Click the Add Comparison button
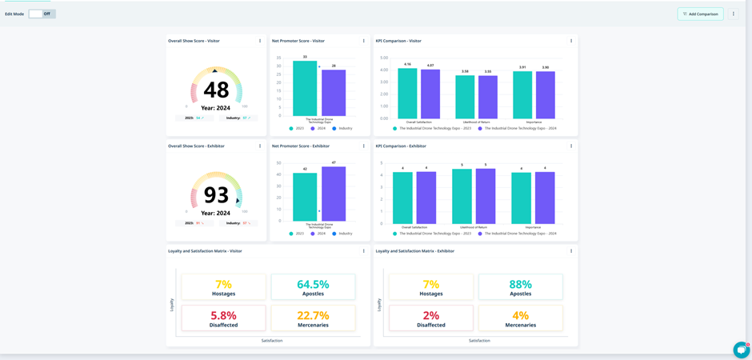(700, 14)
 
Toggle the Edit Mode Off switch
(42, 14)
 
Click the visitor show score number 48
(216, 90)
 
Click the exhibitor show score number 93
(216, 194)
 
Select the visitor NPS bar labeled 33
(305, 88)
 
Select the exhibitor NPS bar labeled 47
(334, 194)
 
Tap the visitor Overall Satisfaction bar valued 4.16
(407, 94)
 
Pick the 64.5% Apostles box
(313, 287)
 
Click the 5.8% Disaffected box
(223, 318)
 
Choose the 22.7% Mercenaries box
(313, 318)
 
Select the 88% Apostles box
(520, 287)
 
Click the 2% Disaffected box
(430, 318)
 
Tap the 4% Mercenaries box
(520, 318)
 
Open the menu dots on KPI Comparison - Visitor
(571, 41)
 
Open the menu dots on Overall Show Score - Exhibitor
(260, 146)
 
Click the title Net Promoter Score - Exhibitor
(301, 146)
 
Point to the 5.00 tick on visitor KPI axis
(383, 58)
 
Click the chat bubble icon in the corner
(741, 350)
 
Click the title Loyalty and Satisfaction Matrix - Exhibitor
(415, 251)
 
